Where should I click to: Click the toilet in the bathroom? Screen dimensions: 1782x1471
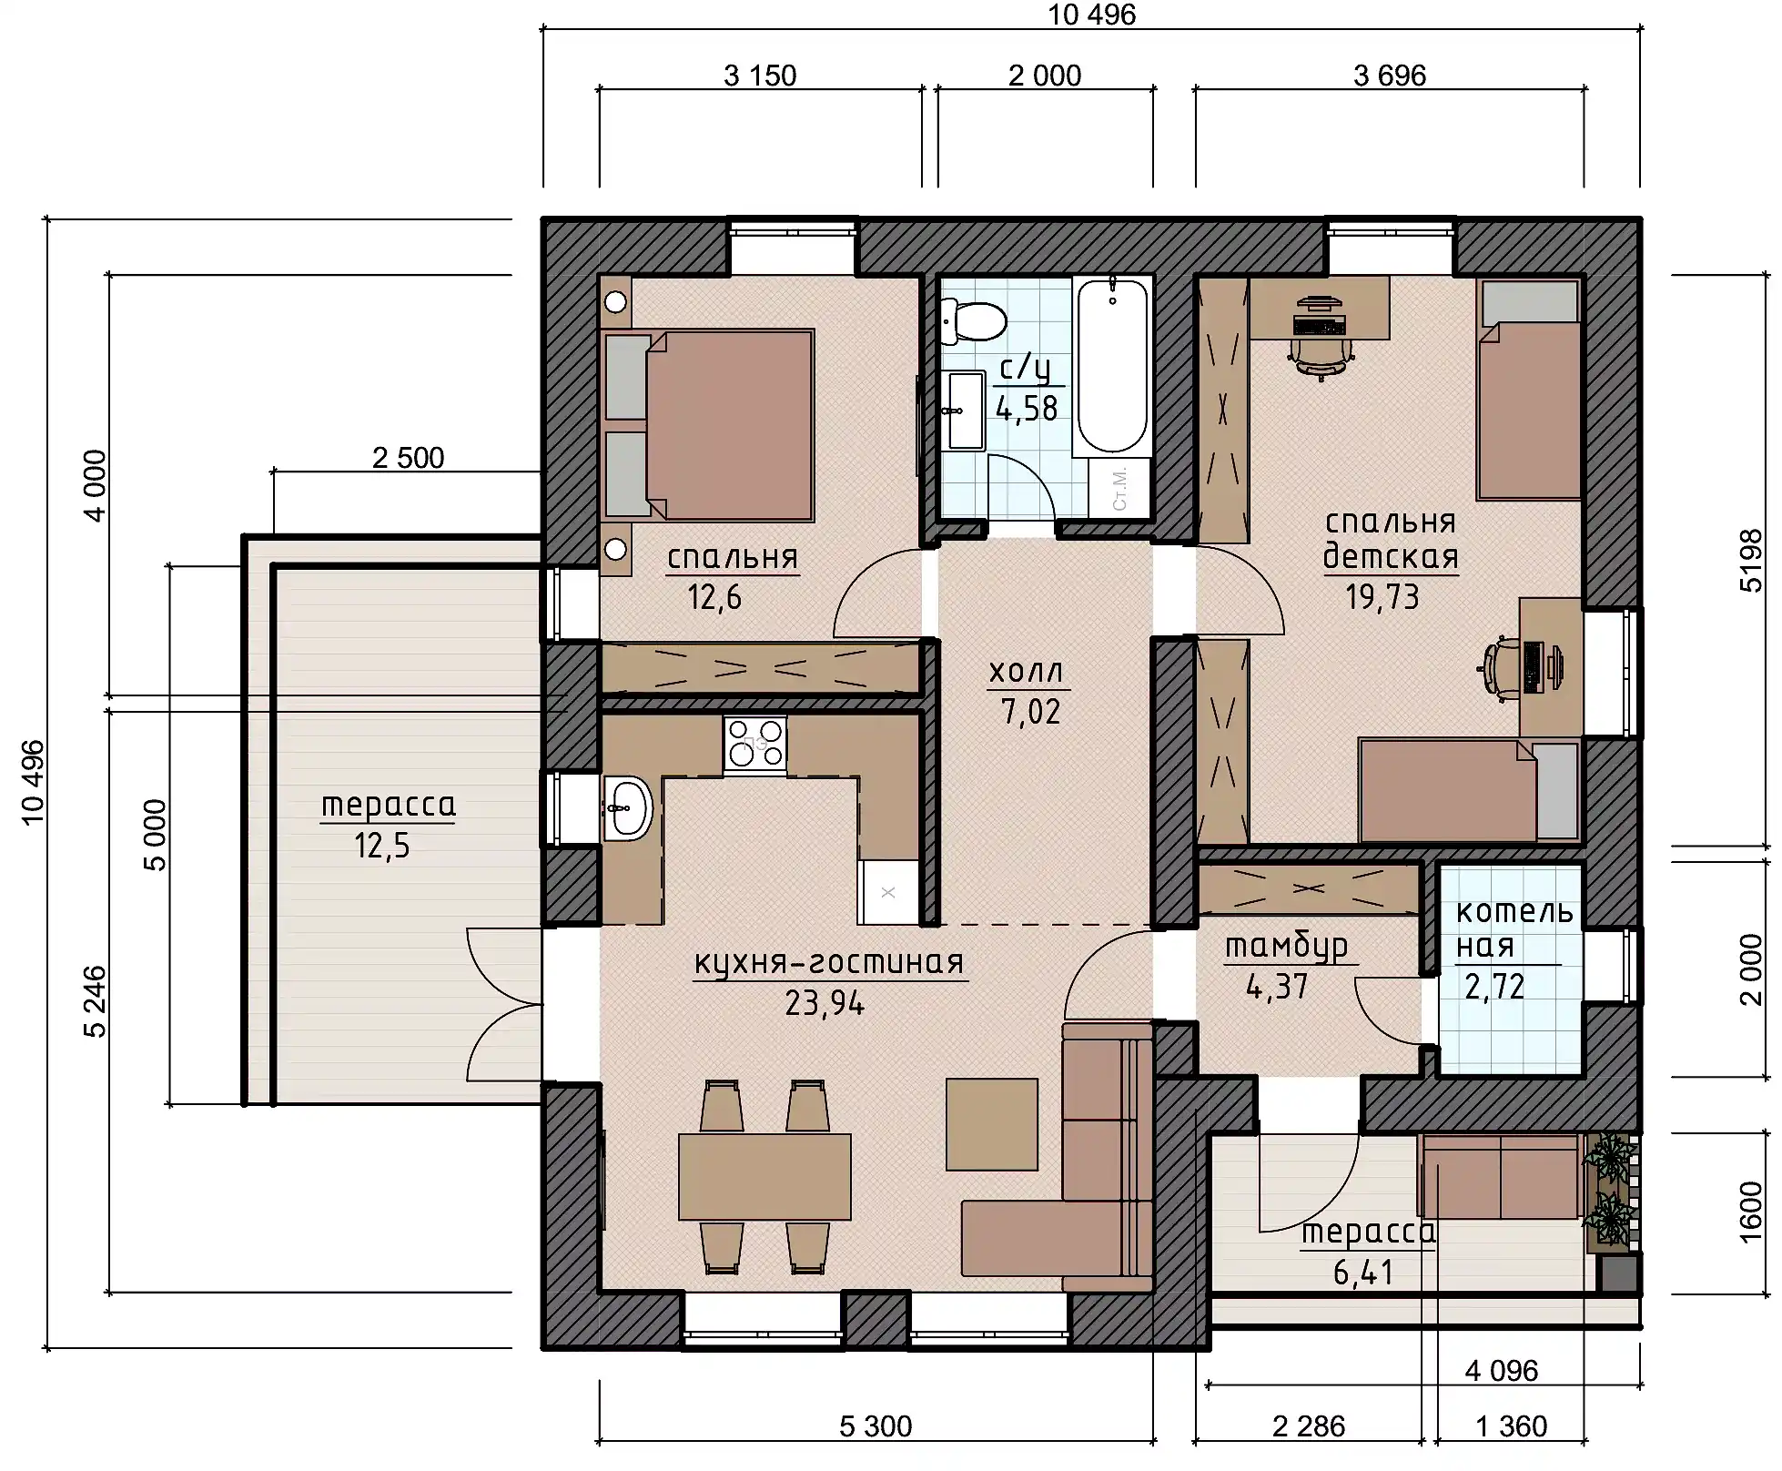coord(974,321)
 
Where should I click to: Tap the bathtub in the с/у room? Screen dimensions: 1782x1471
coord(1112,367)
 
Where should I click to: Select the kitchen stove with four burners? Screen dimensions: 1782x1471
coord(755,746)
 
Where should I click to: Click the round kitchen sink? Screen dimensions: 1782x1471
coord(628,807)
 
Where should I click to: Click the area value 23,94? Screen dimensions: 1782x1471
coord(825,1003)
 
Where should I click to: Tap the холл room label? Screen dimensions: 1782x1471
coord(1026,672)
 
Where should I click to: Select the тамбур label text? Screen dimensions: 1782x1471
coord(1286,948)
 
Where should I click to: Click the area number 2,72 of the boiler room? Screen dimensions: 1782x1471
coord(1494,987)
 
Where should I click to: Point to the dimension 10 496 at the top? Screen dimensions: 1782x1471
coord(1092,15)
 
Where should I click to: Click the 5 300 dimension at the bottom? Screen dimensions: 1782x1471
coord(876,1426)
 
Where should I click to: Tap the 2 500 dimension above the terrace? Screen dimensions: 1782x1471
coord(408,457)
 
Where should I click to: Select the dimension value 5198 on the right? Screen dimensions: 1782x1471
coord(1750,561)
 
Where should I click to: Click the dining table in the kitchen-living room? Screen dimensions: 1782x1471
coord(764,1176)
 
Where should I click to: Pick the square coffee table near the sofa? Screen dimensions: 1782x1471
coord(992,1124)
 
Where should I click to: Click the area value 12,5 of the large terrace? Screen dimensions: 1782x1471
coord(382,847)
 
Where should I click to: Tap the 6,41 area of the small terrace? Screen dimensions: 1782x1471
coord(1363,1273)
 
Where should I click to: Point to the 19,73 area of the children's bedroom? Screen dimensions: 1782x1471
coord(1382,597)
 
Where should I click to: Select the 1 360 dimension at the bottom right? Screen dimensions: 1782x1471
coord(1511,1426)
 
